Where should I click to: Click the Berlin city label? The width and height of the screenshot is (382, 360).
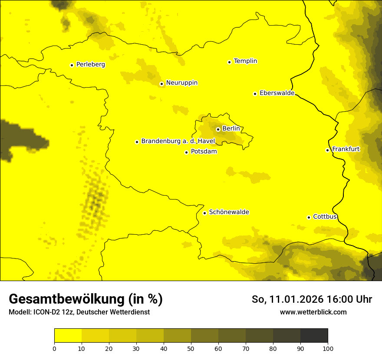coord(231,129)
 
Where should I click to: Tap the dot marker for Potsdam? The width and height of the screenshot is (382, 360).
coord(186,152)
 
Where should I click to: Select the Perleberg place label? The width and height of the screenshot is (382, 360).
coord(90,65)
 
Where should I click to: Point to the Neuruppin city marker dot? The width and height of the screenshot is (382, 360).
coord(161,84)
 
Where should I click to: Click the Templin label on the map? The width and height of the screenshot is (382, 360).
coord(245,61)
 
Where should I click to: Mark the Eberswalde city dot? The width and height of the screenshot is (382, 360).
coord(255,94)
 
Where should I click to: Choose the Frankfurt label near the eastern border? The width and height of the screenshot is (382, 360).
coord(346,149)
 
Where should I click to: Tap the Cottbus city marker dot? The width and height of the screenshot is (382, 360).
coord(309,217)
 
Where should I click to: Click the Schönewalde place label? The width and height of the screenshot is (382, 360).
coord(229,212)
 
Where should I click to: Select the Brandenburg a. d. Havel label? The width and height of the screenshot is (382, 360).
coord(178,141)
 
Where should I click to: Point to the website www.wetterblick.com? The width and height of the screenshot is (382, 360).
coord(313,312)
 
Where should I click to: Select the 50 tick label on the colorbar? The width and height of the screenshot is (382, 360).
coord(191,348)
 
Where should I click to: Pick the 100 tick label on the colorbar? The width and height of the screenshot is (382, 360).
coord(327,348)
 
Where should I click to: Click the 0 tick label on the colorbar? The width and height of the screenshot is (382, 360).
coord(54,348)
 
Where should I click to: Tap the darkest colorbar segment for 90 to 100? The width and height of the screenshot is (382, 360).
coord(314,336)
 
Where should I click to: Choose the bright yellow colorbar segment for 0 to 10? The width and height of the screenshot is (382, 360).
coord(68,336)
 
